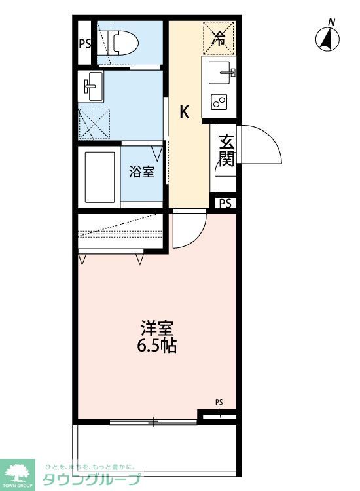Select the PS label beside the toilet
[85, 44]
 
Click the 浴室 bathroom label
[141, 172]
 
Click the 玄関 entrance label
[226, 149]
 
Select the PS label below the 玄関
[226, 203]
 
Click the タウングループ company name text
[92, 479]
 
